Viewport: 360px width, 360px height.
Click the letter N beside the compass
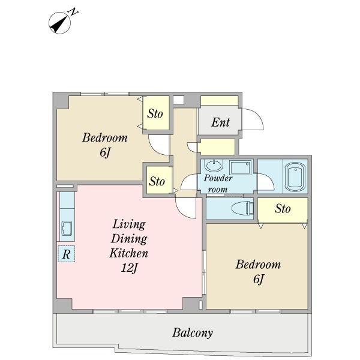[x=74, y=12]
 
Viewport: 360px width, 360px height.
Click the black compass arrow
[x=59, y=25]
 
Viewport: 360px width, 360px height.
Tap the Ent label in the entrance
[x=220, y=122]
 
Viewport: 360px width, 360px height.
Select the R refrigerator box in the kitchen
[x=67, y=254]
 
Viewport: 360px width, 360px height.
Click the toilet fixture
[x=242, y=208]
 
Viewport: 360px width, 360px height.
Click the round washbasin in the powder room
[x=214, y=165]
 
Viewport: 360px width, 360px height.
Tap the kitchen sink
[x=67, y=228]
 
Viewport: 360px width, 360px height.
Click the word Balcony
[x=193, y=332]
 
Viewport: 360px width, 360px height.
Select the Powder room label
[x=218, y=184]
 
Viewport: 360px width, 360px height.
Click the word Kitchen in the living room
[x=128, y=253]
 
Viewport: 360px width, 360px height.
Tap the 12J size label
[x=129, y=268]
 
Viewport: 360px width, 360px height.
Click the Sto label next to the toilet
[x=283, y=209]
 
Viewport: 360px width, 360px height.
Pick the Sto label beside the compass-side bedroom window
[x=155, y=113]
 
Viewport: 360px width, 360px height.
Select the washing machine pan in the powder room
[x=241, y=167]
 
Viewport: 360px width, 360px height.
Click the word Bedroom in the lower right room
[x=258, y=265]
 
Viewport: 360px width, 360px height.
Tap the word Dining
[x=129, y=239]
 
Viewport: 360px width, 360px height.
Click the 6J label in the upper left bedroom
[x=105, y=152]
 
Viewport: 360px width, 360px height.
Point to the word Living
[x=129, y=224]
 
